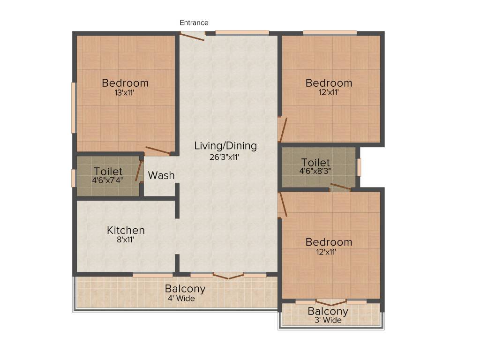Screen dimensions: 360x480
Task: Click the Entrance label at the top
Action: [194, 22]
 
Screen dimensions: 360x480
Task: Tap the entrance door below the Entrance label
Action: [193, 35]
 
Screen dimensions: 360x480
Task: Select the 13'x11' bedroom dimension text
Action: [125, 92]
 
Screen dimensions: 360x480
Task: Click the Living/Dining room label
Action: [225, 146]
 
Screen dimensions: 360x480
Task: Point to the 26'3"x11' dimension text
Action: [225, 157]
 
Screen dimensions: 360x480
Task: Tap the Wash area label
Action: [161, 176]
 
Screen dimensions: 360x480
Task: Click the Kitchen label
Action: [126, 230]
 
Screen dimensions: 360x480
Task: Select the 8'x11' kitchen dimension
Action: [126, 240]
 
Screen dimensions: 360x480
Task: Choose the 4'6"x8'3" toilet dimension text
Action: [315, 171]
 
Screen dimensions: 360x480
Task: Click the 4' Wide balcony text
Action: [181, 298]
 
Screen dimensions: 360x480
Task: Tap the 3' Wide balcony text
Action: [328, 321]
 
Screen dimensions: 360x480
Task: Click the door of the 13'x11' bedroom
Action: [157, 150]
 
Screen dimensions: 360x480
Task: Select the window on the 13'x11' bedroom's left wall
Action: [74, 108]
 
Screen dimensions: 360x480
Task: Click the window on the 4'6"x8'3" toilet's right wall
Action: [359, 167]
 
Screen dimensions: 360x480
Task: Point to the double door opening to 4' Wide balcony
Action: [228, 276]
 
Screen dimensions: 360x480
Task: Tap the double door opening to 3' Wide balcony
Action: [330, 302]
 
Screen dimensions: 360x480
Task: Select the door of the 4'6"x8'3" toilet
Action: [340, 188]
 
